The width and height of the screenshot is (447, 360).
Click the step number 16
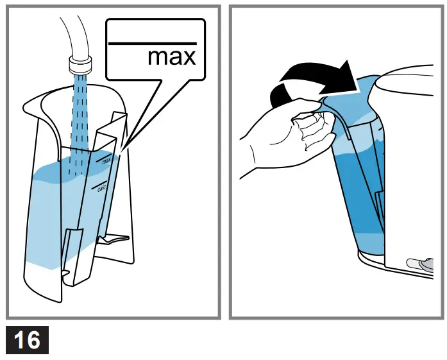27,339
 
